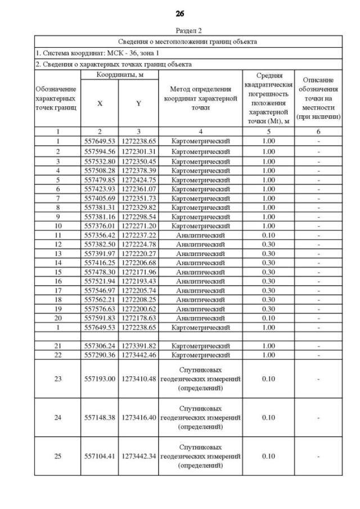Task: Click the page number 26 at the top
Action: click(x=180, y=13)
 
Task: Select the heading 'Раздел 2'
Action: click(x=188, y=31)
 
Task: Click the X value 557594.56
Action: click(x=100, y=151)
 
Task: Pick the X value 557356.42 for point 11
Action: click(x=100, y=235)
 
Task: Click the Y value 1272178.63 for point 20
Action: click(x=138, y=317)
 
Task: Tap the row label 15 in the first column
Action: click(x=57, y=271)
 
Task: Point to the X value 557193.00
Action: click(x=100, y=379)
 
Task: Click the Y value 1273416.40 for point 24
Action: click(x=138, y=417)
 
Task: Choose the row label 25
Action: click(x=57, y=456)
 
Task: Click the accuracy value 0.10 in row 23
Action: click(x=268, y=379)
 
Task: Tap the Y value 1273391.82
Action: click(x=138, y=346)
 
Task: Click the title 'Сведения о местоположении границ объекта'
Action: click(x=188, y=42)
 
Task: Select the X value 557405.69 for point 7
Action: click(x=100, y=198)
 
